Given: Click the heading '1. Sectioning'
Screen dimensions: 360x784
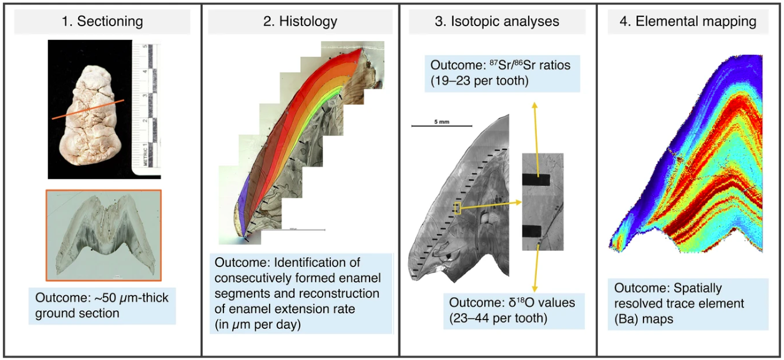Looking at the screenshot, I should (x=102, y=22).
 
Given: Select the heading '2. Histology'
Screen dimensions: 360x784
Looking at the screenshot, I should (x=300, y=22).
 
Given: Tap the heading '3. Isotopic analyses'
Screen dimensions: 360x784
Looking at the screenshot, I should (x=497, y=22).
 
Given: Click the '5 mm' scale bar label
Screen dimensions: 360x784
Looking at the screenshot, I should (x=441, y=121).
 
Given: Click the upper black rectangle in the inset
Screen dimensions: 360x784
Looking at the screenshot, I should (x=536, y=180).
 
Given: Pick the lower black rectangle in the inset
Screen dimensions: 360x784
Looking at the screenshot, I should (x=536, y=230).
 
